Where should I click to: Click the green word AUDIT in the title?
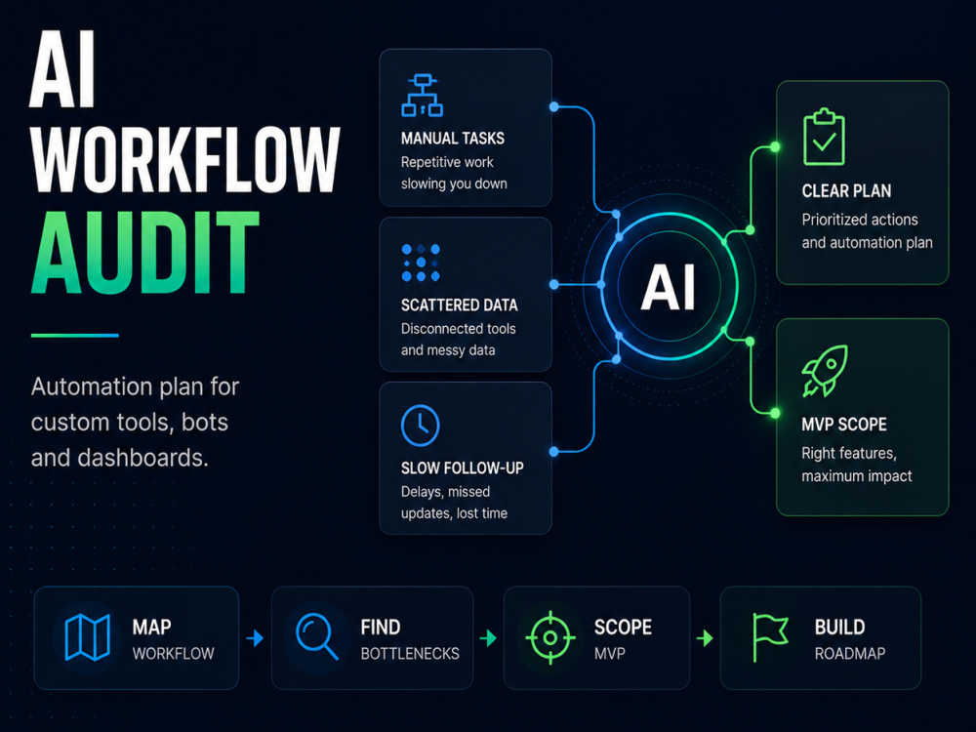point(145,252)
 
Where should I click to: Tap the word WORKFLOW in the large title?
point(185,159)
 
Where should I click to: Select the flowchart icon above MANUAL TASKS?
point(422,96)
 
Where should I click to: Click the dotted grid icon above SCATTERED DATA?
point(421,263)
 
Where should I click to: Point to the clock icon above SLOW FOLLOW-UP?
point(420,426)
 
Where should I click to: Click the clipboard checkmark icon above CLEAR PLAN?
point(824,137)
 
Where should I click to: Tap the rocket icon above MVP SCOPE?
point(825,371)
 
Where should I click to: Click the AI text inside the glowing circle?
point(669,287)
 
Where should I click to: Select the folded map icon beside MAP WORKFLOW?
point(88,636)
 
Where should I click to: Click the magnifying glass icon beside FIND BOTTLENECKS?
point(317,636)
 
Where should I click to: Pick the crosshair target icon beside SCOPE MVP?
point(550,637)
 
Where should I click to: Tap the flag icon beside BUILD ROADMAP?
point(770,637)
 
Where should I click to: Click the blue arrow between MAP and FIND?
point(255,638)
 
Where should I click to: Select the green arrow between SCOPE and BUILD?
point(705,638)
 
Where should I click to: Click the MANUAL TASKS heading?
point(453,139)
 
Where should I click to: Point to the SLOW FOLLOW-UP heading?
point(463,468)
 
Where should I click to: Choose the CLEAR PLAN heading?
point(846,191)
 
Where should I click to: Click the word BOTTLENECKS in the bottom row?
point(410,654)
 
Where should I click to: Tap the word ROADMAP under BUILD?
point(850,654)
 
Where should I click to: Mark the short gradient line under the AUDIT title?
point(75,336)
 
